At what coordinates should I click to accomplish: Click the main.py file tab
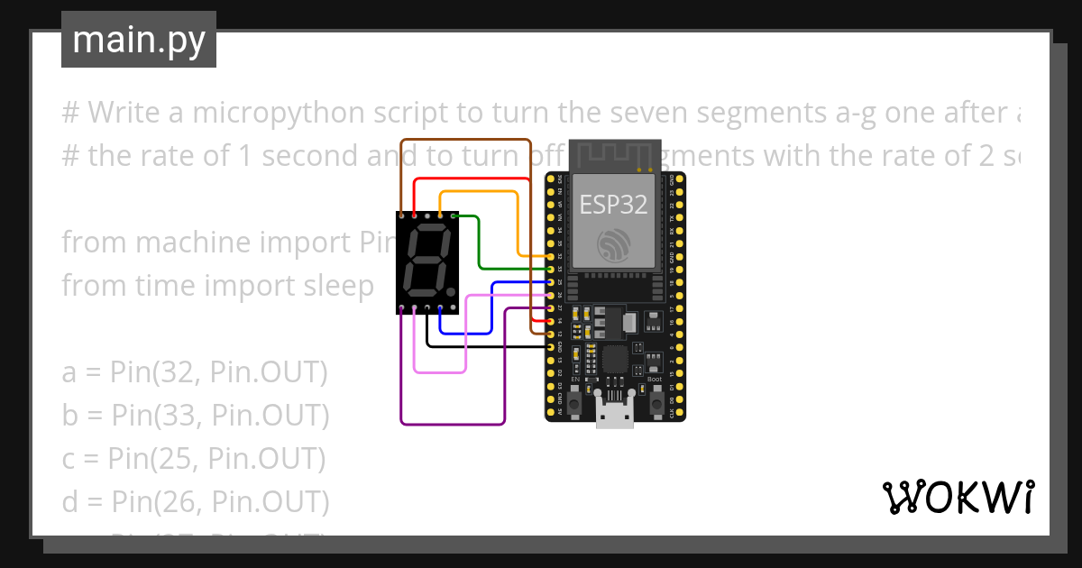point(138,41)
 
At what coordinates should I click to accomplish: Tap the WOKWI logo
point(957,498)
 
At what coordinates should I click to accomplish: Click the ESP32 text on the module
point(613,205)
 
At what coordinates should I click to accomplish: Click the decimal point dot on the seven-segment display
point(449,292)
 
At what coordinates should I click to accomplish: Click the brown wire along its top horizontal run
point(465,141)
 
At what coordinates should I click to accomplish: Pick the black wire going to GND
point(487,345)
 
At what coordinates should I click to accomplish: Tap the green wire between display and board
point(479,243)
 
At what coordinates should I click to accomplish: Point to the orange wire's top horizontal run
point(478,192)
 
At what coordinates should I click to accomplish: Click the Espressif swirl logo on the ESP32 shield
point(613,243)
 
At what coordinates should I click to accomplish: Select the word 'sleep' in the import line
point(336,286)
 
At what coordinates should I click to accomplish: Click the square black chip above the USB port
point(616,360)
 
